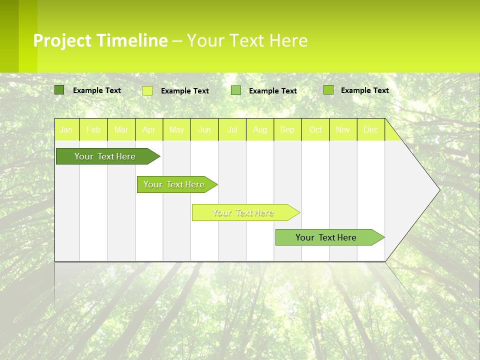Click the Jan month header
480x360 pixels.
click(x=66, y=130)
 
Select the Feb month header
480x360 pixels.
click(x=93, y=130)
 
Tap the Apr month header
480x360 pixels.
click(x=149, y=130)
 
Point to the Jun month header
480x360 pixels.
click(x=204, y=130)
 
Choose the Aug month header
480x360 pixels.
click(x=260, y=130)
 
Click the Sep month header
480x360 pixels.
click(x=287, y=130)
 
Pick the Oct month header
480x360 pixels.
click(x=315, y=130)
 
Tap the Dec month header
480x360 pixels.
click(x=371, y=130)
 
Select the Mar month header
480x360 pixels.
click(x=121, y=130)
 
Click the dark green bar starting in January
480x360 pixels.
click(x=105, y=156)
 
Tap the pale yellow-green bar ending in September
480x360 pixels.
click(x=243, y=212)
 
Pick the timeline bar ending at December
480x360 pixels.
click(x=326, y=237)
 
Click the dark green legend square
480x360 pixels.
click(x=59, y=90)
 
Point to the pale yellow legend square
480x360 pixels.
click(x=147, y=90)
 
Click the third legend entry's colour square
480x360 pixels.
click(x=236, y=90)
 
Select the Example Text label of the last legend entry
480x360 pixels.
click(x=364, y=90)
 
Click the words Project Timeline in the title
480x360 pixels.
click(x=100, y=40)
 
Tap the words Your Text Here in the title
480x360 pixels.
click(x=247, y=40)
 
